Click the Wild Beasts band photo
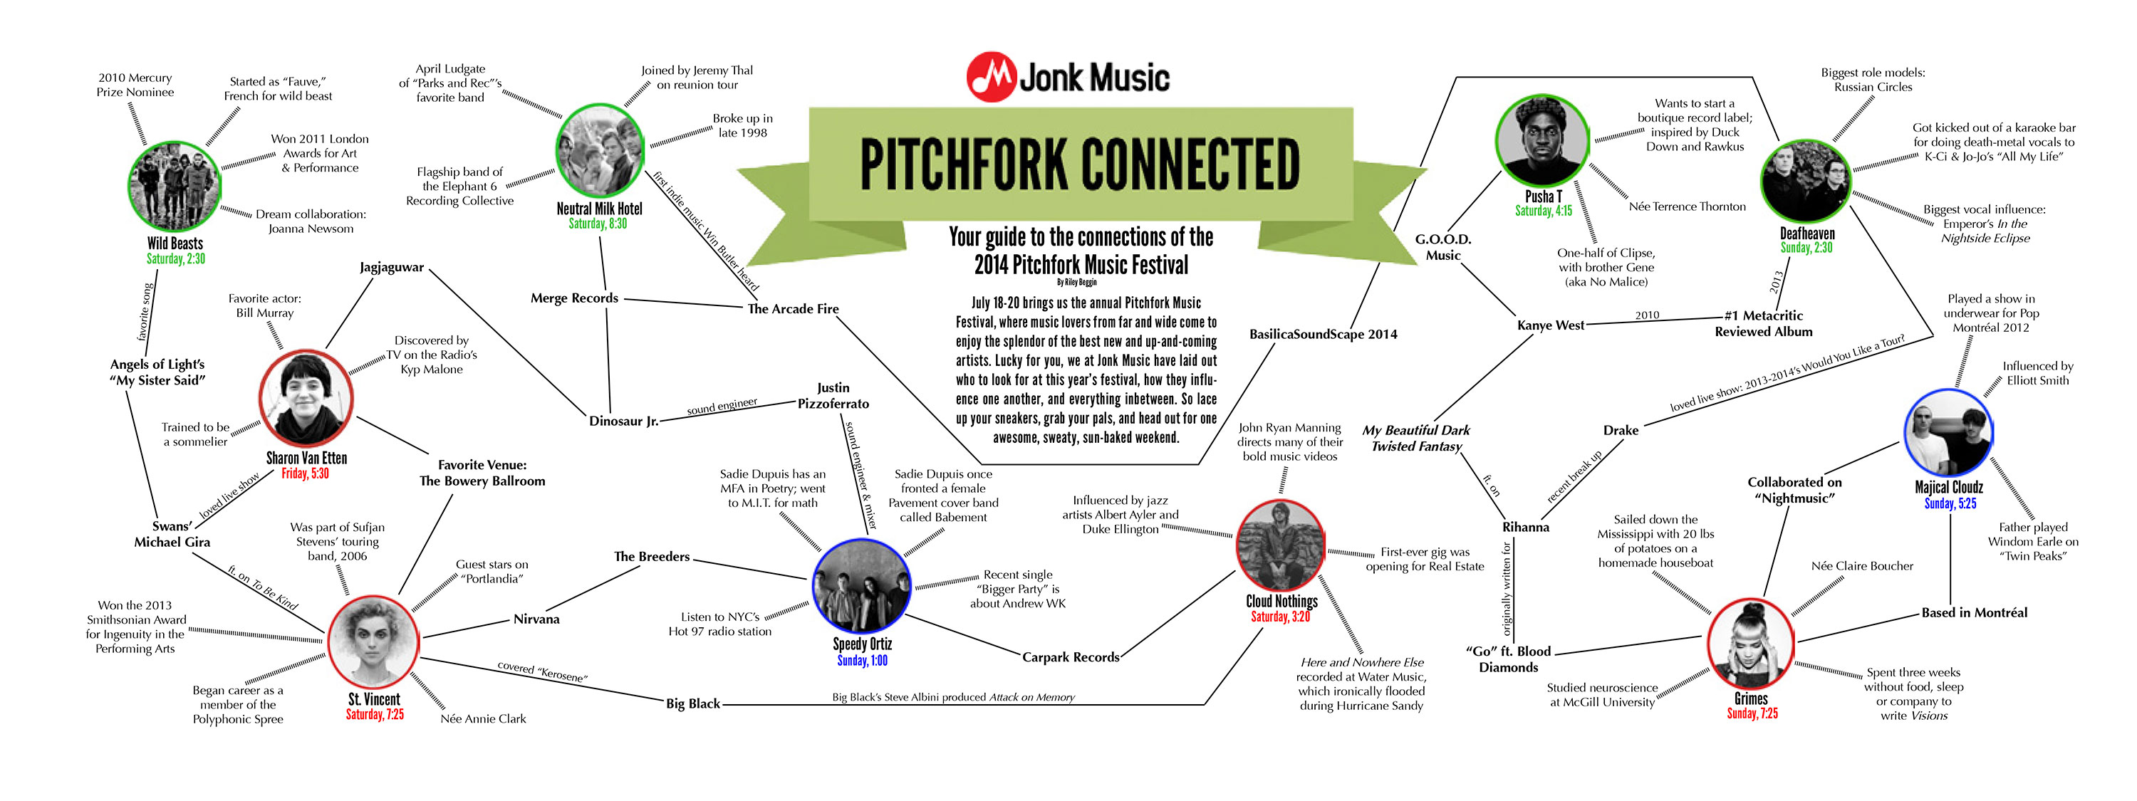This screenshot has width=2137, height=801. point(175,187)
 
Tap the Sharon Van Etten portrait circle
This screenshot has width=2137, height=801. point(306,399)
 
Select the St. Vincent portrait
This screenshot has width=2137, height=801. point(373,642)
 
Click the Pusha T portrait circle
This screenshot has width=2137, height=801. point(1541,140)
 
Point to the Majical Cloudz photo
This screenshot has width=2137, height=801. point(1948,434)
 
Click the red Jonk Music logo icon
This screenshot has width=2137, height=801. point(991,77)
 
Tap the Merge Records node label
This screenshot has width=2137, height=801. point(574,298)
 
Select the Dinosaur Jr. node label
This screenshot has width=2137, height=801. point(624,422)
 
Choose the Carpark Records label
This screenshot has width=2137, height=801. point(1070,658)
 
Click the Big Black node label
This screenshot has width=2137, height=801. point(692,704)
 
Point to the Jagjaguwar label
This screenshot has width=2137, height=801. point(392,268)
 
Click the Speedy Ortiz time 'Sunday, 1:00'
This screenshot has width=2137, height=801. point(862,661)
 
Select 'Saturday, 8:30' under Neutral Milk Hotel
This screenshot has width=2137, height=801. point(598,224)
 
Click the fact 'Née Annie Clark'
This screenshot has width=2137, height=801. point(483,719)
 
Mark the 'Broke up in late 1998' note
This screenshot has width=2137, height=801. point(742,125)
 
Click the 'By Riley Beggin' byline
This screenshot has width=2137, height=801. point(1076,283)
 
